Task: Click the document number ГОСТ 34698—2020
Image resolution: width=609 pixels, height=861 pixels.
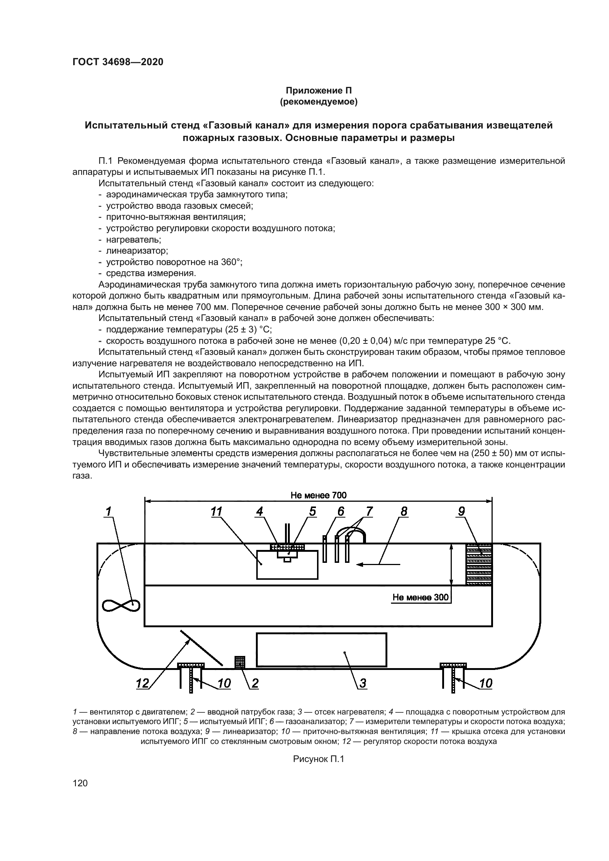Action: [118, 62]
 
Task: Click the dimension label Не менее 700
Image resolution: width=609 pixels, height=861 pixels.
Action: [318, 495]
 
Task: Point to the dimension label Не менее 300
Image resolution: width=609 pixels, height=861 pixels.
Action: [420, 597]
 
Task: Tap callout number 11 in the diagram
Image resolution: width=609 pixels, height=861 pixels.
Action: [217, 512]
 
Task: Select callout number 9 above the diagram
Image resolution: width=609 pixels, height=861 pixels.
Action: [461, 511]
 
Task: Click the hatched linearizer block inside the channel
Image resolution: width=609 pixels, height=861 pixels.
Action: [479, 564]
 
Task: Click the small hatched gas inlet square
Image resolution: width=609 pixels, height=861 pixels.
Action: [240, 662]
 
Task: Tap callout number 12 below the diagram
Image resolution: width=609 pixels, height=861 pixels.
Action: [142, 683]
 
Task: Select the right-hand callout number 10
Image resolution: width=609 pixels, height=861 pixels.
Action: [486, 683]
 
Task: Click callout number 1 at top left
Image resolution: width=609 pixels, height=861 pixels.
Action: [109, 511]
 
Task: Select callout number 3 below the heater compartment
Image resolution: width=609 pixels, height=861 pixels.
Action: [362, 683]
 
